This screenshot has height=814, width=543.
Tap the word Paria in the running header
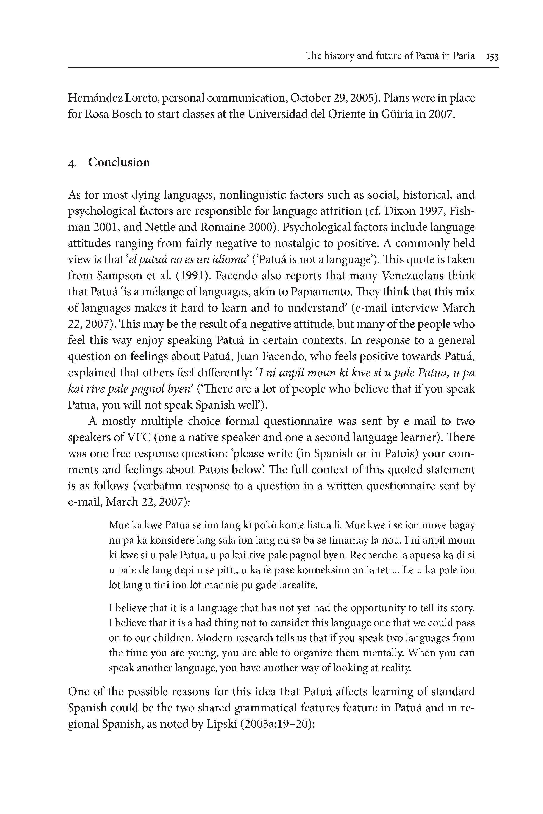464,56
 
